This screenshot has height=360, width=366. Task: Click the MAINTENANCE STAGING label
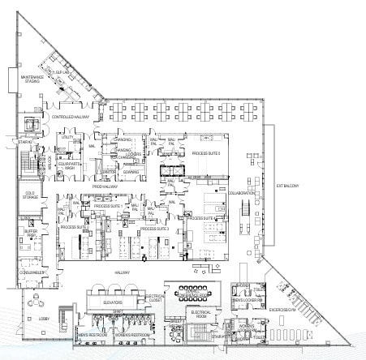[31, 78]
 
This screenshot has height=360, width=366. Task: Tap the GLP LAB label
[62, 72]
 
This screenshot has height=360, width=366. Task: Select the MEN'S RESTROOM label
[88, 333]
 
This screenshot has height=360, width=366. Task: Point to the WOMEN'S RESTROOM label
[131, 333]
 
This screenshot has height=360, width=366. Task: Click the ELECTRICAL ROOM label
[200, 312]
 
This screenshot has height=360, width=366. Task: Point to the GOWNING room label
[131, 172]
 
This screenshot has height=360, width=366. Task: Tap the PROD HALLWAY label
[105, 186]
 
